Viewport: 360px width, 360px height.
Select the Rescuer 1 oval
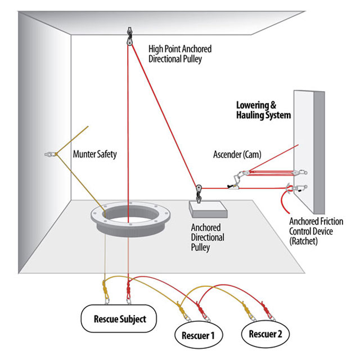pyautogui.click(x=198, y=336)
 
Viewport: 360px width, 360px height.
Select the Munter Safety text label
pyautogui.click(x=95, y=154)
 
